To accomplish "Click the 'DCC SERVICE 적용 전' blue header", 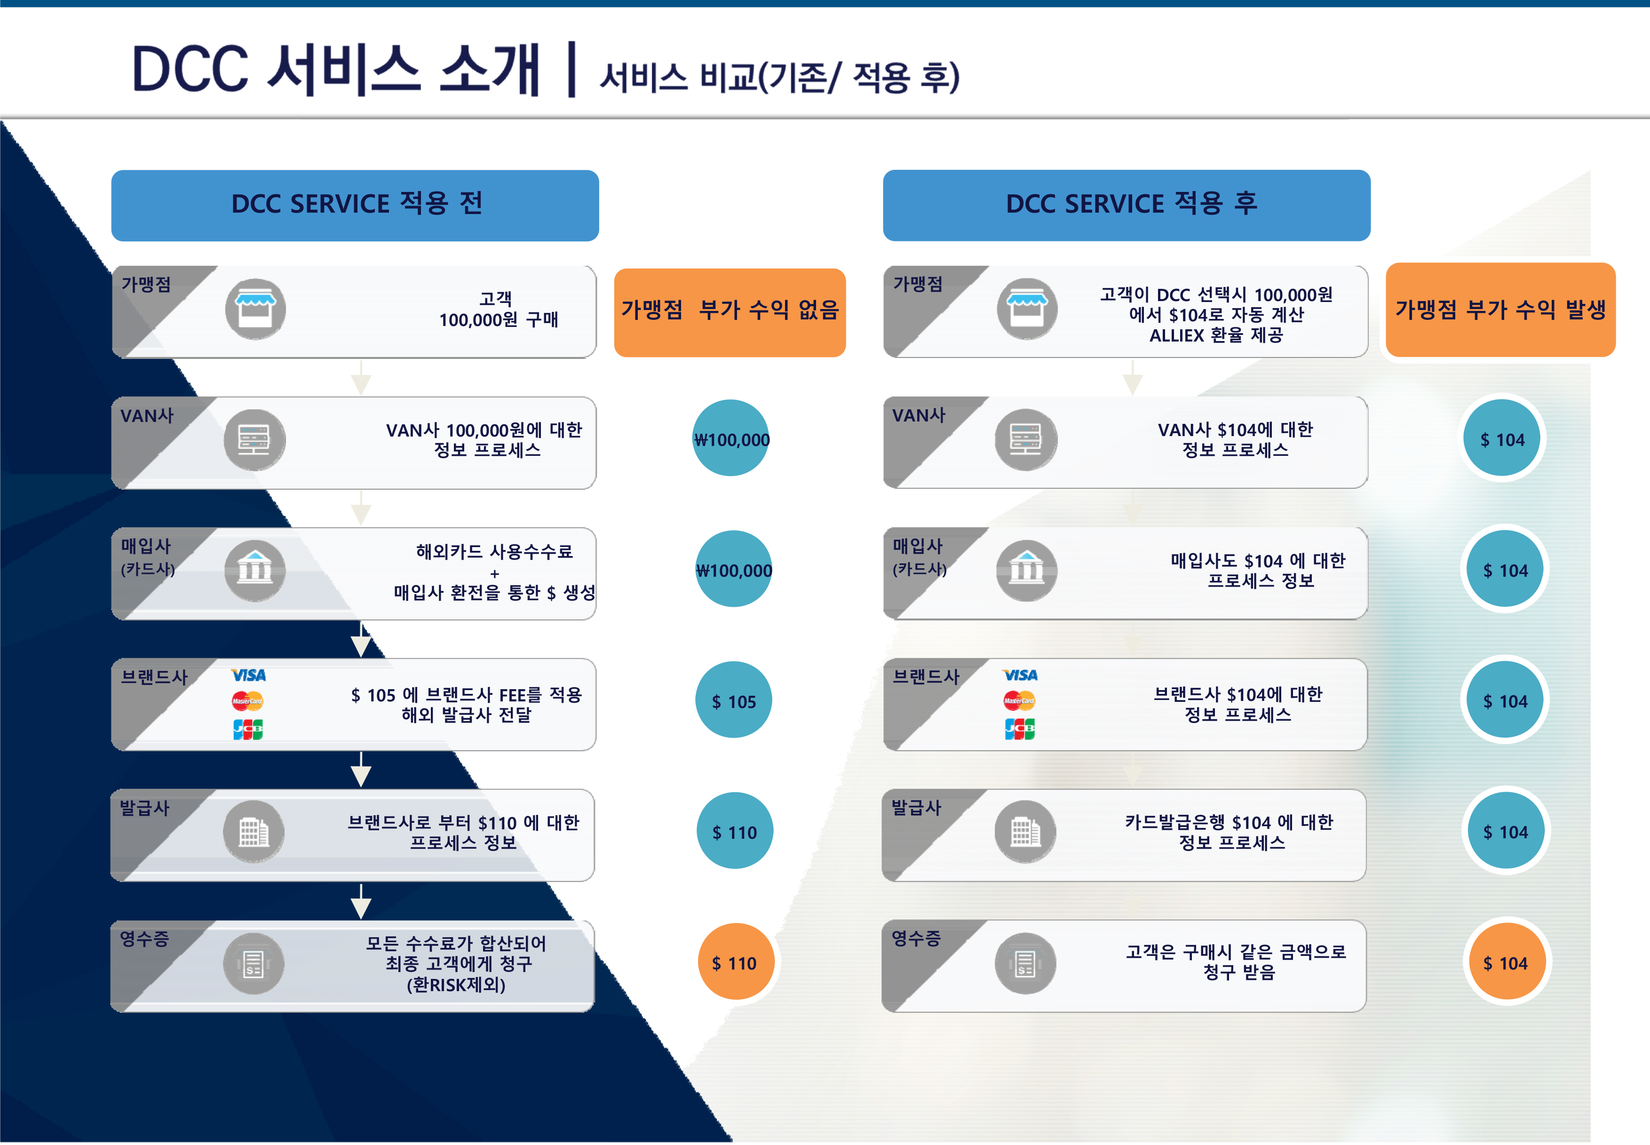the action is [355, 205].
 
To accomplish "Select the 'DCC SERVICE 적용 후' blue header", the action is [1126, 205].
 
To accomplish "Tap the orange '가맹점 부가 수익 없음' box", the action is [730, 312].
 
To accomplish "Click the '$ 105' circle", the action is [733, 700].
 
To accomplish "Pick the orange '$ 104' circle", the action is [1506, 962].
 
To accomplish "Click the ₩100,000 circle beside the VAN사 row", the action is [731, 438].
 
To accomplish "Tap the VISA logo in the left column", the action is [248, 675].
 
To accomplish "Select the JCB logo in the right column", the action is [1019, 729].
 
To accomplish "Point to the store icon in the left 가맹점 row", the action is [255, 309].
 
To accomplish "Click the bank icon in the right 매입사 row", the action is [1027, 570].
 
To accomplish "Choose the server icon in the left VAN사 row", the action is [254, 440].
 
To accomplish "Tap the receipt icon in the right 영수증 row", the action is [1025, 963].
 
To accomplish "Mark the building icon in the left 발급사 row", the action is [254, 832].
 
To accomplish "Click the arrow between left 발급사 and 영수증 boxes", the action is [361, 901].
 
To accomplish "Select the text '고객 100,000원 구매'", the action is [498, 309].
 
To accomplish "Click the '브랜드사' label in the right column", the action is [926, 676].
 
